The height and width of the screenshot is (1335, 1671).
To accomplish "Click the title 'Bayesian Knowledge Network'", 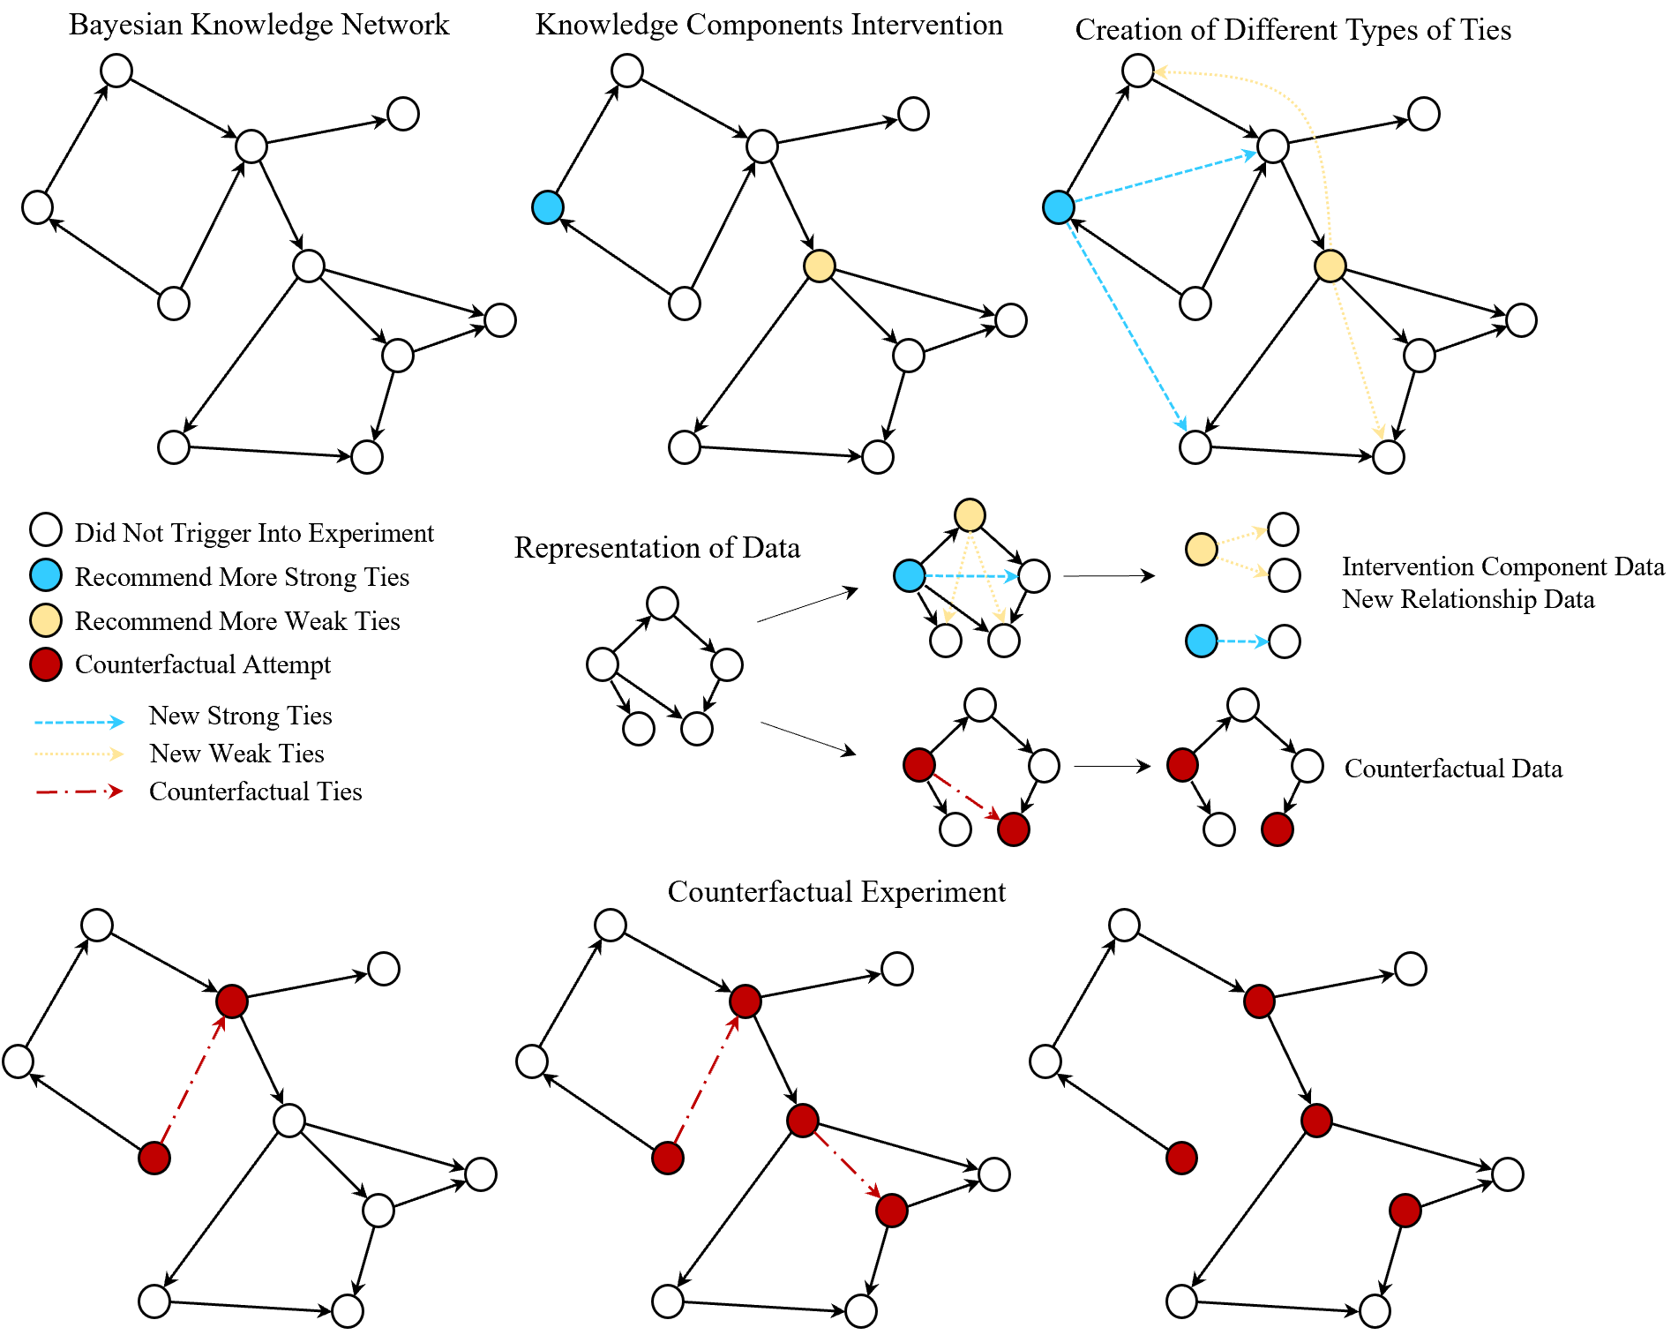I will click(x=259, y=25).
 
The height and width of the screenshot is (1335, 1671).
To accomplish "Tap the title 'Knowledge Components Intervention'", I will click(x=768, y=25).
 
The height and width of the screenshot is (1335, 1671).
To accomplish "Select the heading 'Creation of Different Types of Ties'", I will click(x=1293, y=30).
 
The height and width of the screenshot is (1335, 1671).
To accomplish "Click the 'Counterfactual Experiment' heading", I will click(x=835, y=892).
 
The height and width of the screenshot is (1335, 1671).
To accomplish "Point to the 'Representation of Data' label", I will click(x=656, y=548).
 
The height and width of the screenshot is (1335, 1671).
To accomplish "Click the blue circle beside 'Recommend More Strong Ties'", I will click(x=46, y=575).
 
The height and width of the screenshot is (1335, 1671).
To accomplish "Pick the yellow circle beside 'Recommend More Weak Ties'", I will click(x=46, y=619).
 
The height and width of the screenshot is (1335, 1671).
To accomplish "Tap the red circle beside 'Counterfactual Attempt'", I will click(x=46, y=664).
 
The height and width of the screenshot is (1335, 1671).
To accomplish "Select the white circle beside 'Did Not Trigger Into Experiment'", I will click(x=46, y=529).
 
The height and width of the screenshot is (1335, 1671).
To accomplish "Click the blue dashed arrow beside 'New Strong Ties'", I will click(x=79, y=722).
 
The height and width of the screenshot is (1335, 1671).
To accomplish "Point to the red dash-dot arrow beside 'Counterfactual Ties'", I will click(x=79, y=791).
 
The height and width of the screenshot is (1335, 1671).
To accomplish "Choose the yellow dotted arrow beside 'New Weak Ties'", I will click(x=79, y=754).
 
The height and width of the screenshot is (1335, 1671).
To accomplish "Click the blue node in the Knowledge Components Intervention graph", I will click(x=548, y=207).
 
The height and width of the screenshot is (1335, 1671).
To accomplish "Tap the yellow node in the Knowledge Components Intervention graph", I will click(x=820, y=266).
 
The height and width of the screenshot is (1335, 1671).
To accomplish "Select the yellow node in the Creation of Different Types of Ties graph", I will click(x=1330, y=266).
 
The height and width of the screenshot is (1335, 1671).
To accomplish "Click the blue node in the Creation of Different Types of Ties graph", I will click(x=1059, y=207).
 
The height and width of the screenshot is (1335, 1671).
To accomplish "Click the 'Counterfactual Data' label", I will click(x=1453, y=769).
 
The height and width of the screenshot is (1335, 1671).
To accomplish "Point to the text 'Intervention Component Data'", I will click(x=1502, y=566).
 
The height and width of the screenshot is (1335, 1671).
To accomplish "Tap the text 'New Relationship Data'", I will click(x=1468, y=600).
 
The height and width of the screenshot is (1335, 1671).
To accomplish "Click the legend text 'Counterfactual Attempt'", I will click(x=203, y=664).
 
